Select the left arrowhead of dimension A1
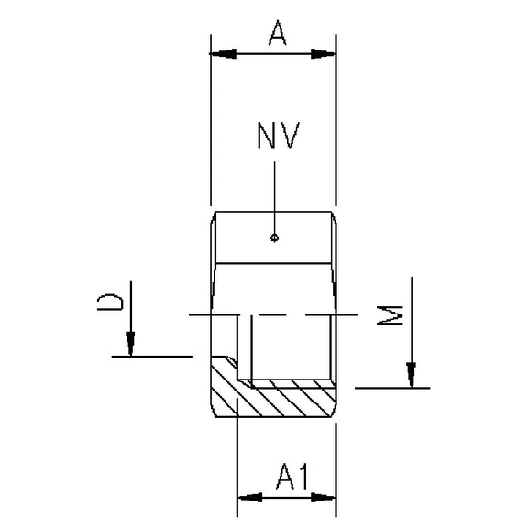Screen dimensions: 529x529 pyautogui.click(x=248, y=498)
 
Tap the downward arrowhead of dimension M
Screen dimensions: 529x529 pyautogui.click(x=412, y=374)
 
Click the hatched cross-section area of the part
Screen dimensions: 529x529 pyautogui.click(x=275, y=400)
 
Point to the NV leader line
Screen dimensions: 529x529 pyautogui.click(x=275, y=197)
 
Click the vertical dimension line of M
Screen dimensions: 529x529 pyautogui.click(x=412, y=321)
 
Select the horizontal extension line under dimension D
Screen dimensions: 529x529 pyautogui.click(x=151, y=356)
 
